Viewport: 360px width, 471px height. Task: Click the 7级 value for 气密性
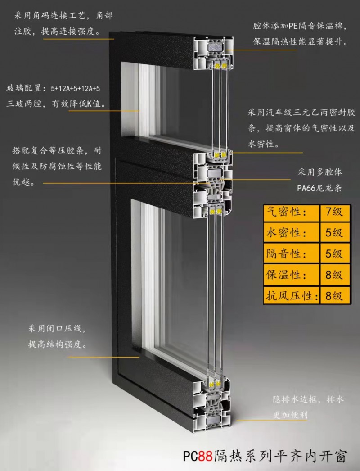(x=334, y=212)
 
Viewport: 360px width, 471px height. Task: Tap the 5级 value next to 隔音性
(x=334, y=254)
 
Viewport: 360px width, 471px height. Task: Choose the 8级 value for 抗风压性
(x=334, y=296)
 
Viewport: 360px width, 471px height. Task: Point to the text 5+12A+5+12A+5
(x=75, y=89)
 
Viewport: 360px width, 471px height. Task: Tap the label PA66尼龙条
(x=319, y=188)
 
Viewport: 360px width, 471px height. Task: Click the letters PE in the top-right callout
(x=293, y=26)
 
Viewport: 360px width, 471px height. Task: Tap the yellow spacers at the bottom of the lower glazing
(x=215, y=384)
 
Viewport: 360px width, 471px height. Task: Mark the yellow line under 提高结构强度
(x=103, y=357)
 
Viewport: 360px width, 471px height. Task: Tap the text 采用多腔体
(x=320, y=172)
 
